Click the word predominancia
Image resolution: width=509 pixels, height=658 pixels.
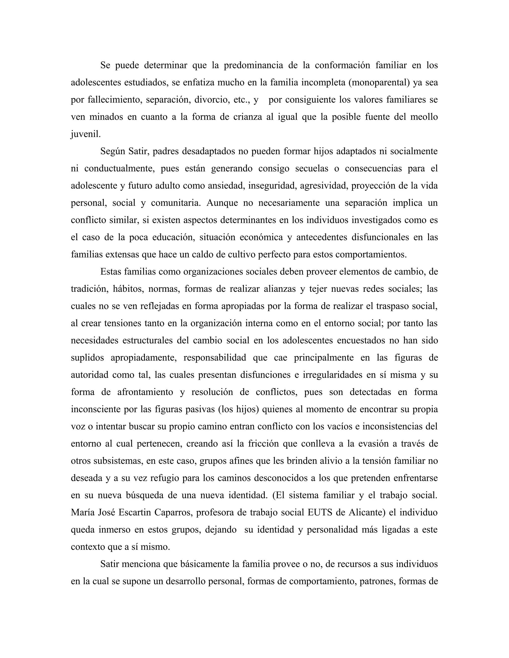pos(253,65)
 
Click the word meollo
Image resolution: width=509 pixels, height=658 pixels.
pos(424,117)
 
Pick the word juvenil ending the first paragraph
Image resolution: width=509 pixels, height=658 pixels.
pos(86,134)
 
